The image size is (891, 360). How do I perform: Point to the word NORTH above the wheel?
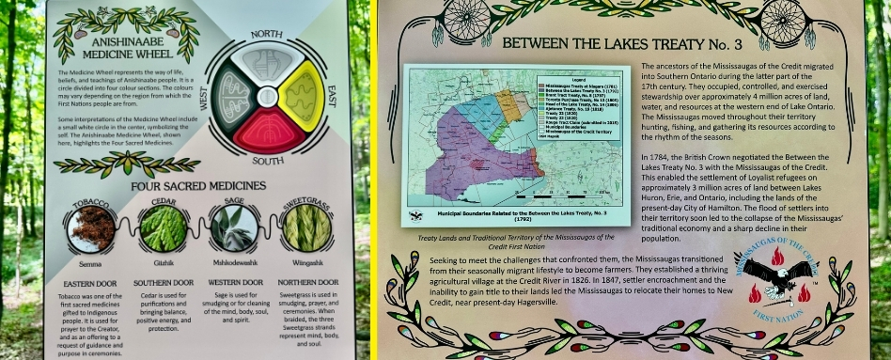[267, 35]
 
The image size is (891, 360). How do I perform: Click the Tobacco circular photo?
[90, 227]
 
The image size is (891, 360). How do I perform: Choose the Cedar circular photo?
[163, 227]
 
